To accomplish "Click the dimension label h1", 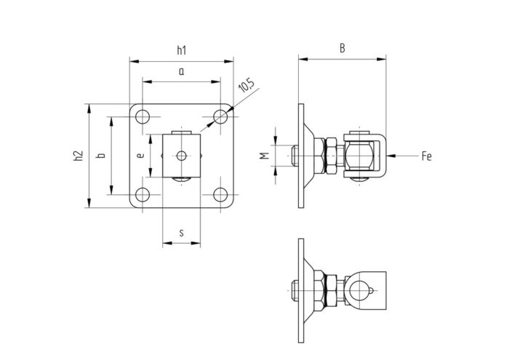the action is pyautogui.click(x=182, y=50).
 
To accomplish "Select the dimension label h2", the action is pyautogui.click(x=79, y=156).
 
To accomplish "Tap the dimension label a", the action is pyautogui.click(x=182, y=71).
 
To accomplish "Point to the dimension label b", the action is pyautogui.click(x=102, y=156).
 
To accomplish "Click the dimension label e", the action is pyautogui.click(x=140, y=156).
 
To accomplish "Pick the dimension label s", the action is pyautogui.click(x=182, y=233).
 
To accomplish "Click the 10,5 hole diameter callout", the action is pyautogui.click(x=247, y=86).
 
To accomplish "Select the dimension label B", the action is pyautogui.click(x=342, y=49).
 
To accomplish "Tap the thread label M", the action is pyautogui.click(x=265, y=156).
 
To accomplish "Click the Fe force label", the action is pyautogui.click(x=427, y=156).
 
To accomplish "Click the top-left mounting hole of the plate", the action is pyautogui.click(x=143, y=117).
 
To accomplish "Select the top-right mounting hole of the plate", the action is pyautogui.click(x=220, y=117).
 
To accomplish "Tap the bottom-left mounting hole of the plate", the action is pyautogui.click(x=143, y=195).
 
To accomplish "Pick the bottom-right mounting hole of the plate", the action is pyautogui.click(x=220, y=195).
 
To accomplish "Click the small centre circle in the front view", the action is pyautogui.click(x=182, y=156).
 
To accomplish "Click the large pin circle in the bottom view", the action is pyautogui.click(x=358, y=290).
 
